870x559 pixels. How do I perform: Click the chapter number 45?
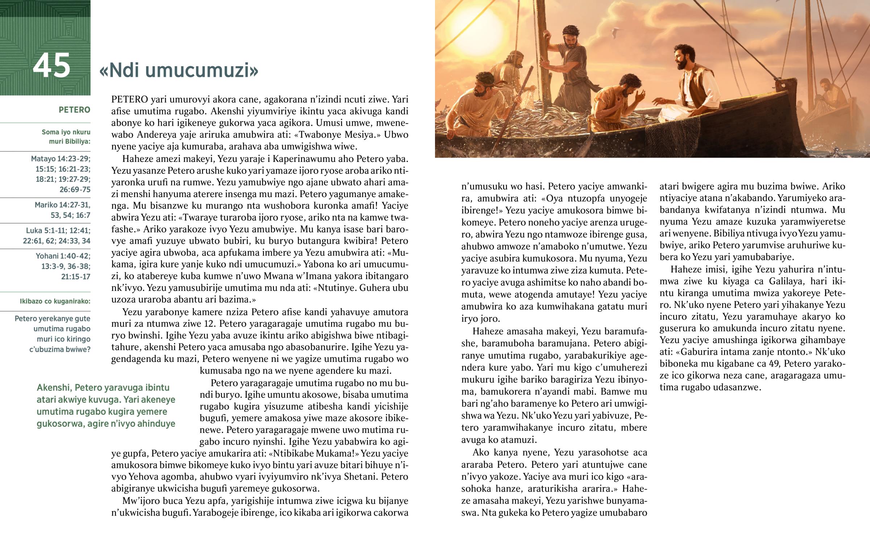[x=51, y=66]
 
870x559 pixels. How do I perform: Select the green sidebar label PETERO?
[x=74, y=110]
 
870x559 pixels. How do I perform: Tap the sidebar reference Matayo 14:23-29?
[x=61, y=159]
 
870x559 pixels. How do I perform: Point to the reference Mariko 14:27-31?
[x=62, y=205]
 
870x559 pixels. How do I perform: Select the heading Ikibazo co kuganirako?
[x=55, y=301]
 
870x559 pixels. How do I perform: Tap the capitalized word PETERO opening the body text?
[x=129, y=100]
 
